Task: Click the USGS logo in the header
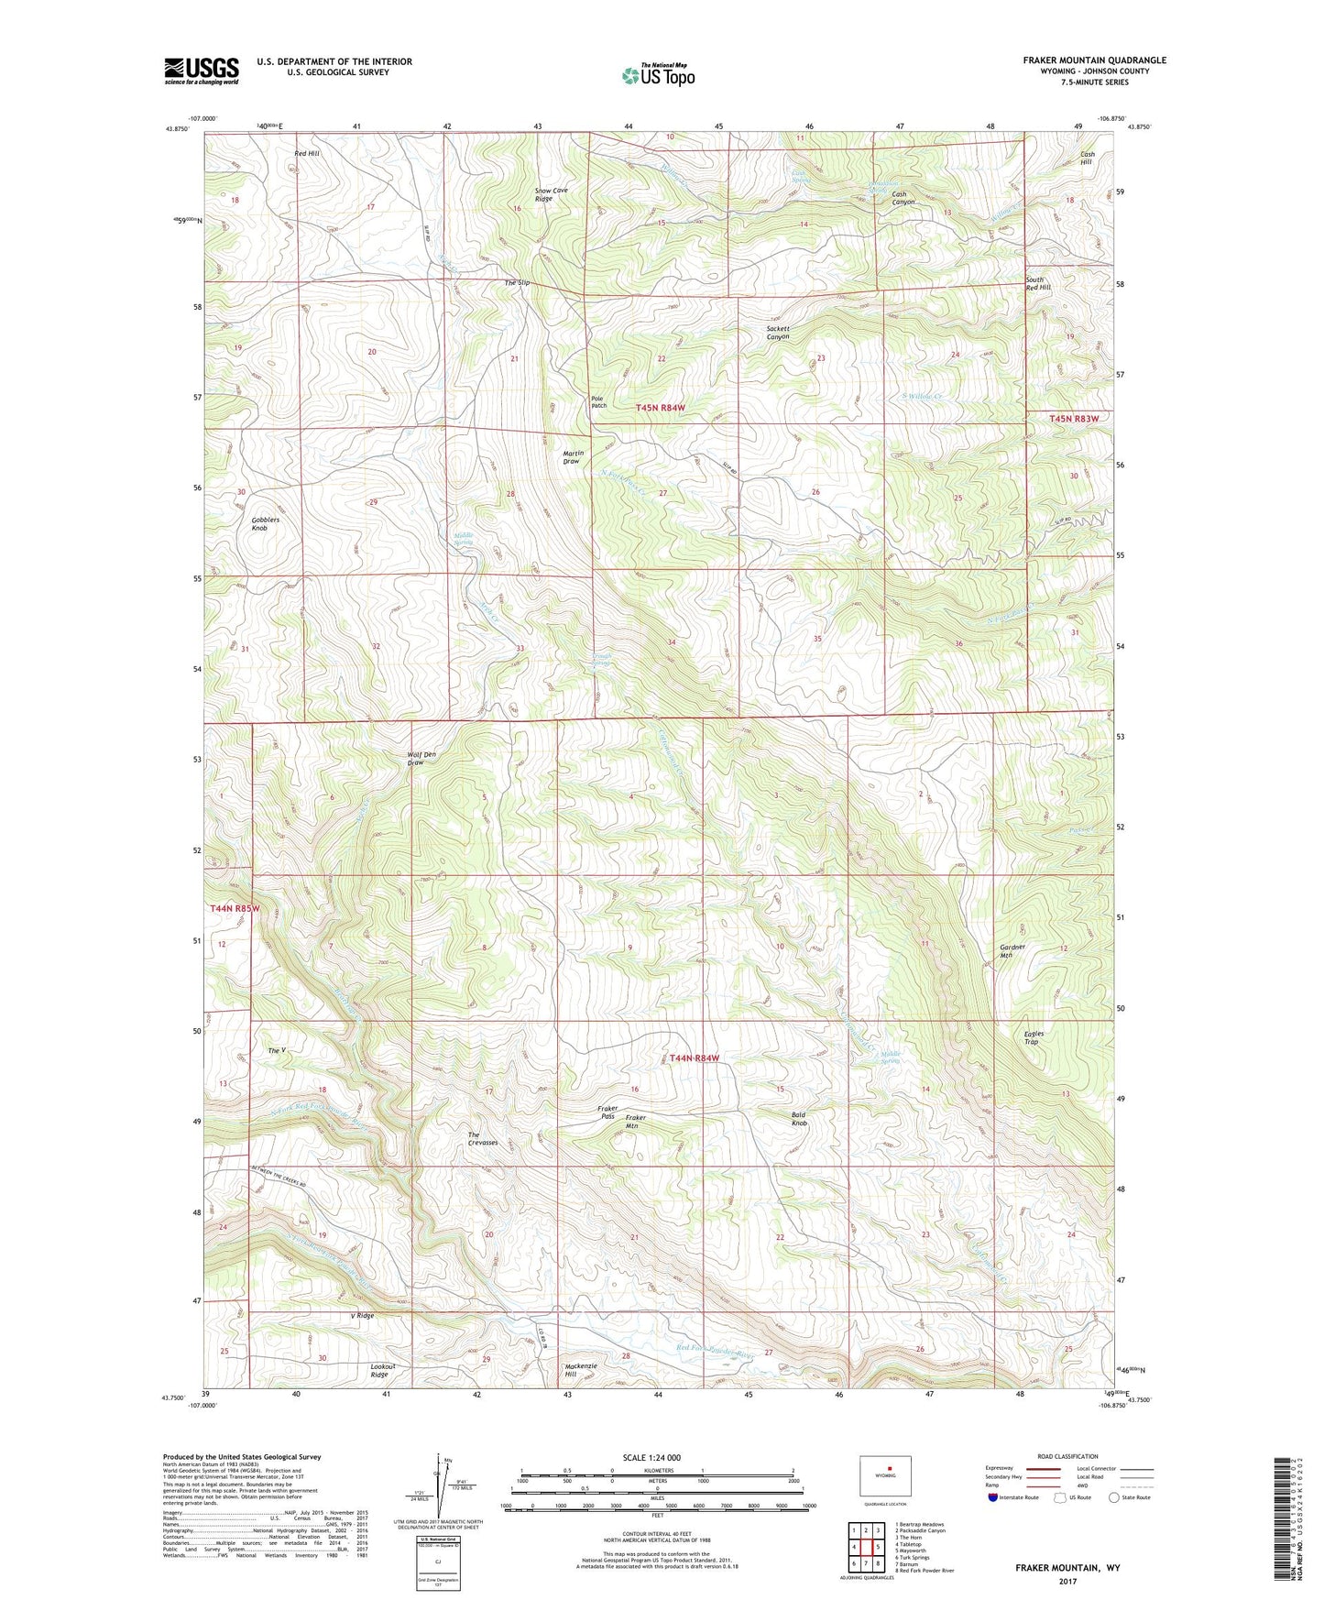coord(202,71)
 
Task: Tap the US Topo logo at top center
coord(658,75)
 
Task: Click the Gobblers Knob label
coord(265,524)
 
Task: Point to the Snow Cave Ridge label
coord(552,194)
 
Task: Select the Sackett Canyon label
coord(778,333)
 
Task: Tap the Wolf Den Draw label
coord(421,759)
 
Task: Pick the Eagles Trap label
coord(1034,1037)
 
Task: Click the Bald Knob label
coord(799,1119)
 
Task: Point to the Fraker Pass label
coord(607,1112)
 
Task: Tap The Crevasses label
coord(483,1138)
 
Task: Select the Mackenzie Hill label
coord(581,1370)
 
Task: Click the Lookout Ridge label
coord(379,1370)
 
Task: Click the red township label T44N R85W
coord(235,908)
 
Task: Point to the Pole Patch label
coord(598,401)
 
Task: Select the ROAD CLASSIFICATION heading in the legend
coord(1067,1456)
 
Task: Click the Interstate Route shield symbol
coord(993,1499)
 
